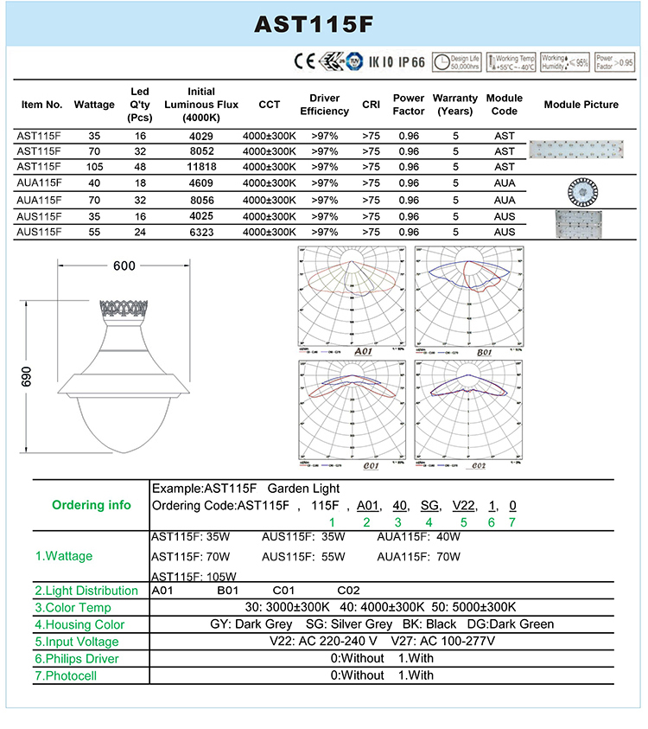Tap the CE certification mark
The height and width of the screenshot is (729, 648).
point(305,61)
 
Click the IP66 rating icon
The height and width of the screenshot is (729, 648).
point(410,61)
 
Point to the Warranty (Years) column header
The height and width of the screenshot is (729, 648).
point(454,105)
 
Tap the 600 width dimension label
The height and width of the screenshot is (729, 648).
point(124,265)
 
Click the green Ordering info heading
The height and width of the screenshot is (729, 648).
point(92,505)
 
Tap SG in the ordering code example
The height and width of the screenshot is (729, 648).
point(429,505)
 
